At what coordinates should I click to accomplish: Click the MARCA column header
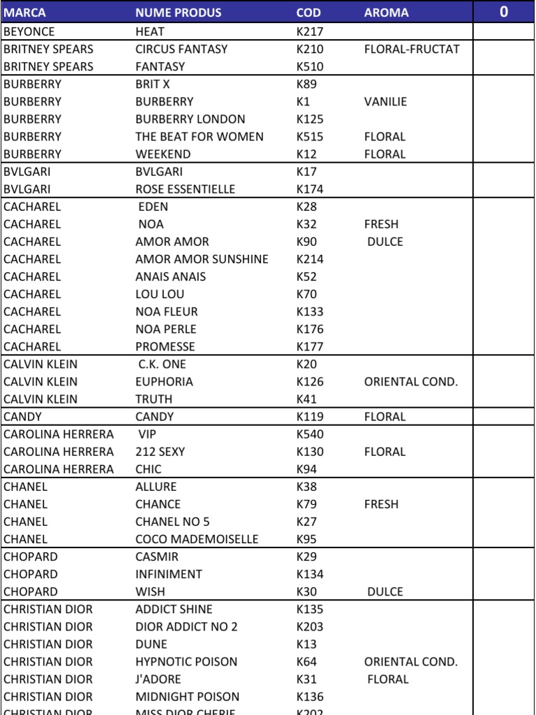click(24, 13)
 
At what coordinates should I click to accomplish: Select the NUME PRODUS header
click(178, 13)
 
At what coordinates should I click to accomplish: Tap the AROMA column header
click(386, 13)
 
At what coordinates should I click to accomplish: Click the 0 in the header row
click(504, 12)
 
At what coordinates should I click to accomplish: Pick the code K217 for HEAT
click(310, 32)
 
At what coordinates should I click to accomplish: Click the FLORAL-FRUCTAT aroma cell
click(412, 50)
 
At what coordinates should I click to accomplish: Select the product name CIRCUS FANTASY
click(181, 50)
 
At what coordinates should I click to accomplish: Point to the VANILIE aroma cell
click(385, 102)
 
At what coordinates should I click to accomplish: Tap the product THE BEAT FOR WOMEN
click(199, 137)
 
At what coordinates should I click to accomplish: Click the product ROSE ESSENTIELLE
click(185, 189)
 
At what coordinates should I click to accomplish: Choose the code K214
click(310, 259)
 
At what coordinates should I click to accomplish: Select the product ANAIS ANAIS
click(170, 277)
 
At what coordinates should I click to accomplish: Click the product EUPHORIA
click(164, 382)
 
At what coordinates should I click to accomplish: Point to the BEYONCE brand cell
click(29, 32)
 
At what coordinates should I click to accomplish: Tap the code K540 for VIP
click(310, 434)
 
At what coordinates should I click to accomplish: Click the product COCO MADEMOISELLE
click(197, 539)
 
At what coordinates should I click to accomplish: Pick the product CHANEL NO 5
click(172, 522)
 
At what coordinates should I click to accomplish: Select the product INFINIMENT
click(168, 574)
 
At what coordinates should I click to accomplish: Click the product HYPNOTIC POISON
click(186, 662)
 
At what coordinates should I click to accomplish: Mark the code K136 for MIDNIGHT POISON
click(310, 697)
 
